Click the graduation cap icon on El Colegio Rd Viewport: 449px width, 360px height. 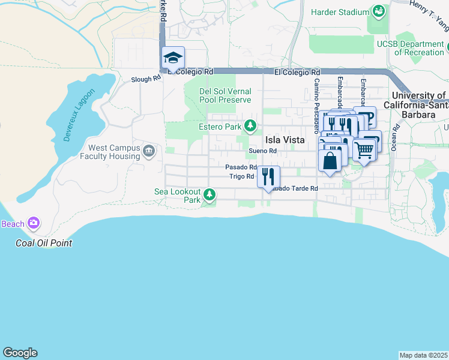173,58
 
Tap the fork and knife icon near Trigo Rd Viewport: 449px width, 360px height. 268,176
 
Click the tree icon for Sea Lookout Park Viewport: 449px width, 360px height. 209,194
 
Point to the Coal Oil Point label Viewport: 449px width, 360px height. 44,243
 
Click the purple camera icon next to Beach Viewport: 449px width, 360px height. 34,224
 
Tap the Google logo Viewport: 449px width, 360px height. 20,353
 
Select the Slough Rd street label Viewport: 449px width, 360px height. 146,79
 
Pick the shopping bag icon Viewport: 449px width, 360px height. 330,160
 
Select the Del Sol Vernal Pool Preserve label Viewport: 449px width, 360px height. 225,95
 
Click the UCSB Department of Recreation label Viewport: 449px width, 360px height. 411,48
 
